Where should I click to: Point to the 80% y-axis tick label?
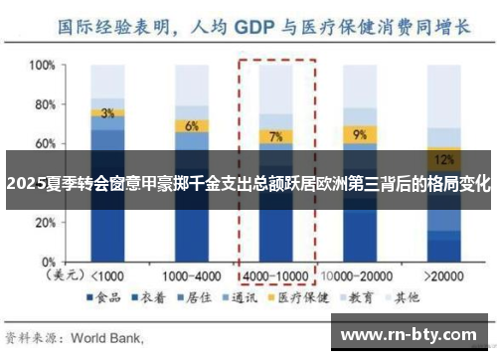(x=41, y=104)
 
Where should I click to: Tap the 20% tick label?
(x=41, y=222)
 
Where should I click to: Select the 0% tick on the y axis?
(x=45, y=261)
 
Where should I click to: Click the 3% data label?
(x=106, y=113)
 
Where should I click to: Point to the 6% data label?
(x=191, y=126)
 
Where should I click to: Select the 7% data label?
(x=275, y=136)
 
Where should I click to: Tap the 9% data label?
(x=360, y=133)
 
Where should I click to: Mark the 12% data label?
(x=444, y=159)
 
